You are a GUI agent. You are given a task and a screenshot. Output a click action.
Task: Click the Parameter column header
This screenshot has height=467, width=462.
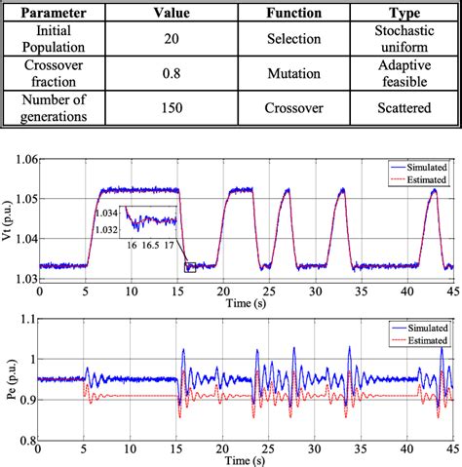(x=59, y=16)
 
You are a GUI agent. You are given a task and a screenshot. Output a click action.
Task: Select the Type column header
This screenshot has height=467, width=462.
(x=405, y=16)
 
